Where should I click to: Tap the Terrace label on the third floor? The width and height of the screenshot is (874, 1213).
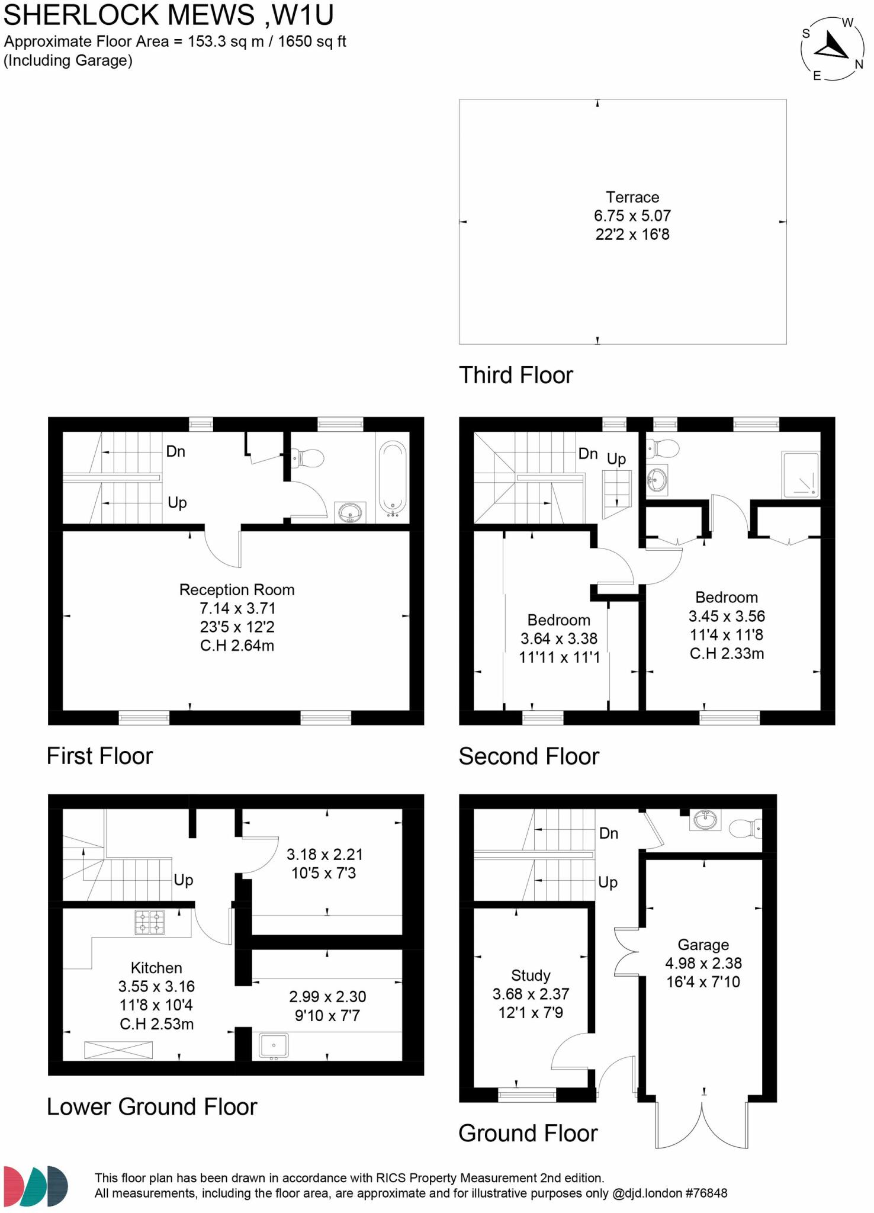click(x=632, y=197)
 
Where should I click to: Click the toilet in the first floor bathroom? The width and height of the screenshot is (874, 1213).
click(x=309, y=458)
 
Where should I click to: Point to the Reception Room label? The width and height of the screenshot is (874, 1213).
click(x=237, y=590)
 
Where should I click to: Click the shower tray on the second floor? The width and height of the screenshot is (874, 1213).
click(x=801, y=474)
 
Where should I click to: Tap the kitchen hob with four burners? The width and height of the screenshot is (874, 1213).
click(x=150, y=922)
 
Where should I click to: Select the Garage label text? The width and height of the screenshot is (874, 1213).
click(x=703, y=945)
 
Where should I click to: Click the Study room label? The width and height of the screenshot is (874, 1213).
click(x=531, y=975)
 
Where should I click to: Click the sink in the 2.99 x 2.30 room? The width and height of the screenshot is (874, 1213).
click(x=274, y=1046)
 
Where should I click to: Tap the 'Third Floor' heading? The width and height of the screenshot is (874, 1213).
click(x=516, y=376)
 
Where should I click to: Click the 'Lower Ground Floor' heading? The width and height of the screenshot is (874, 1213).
click(x=152, y=1107)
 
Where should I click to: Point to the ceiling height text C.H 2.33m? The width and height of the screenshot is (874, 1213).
click(x=727, y=654)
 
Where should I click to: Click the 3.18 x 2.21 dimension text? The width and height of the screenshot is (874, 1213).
click(x=324, y=855)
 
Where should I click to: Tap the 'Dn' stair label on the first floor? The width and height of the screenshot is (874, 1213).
click(x=176, y=452)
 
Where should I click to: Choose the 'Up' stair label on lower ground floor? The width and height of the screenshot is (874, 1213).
click(x=184, y=880)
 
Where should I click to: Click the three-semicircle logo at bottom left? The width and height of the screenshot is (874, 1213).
click(x=36, y=1186)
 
